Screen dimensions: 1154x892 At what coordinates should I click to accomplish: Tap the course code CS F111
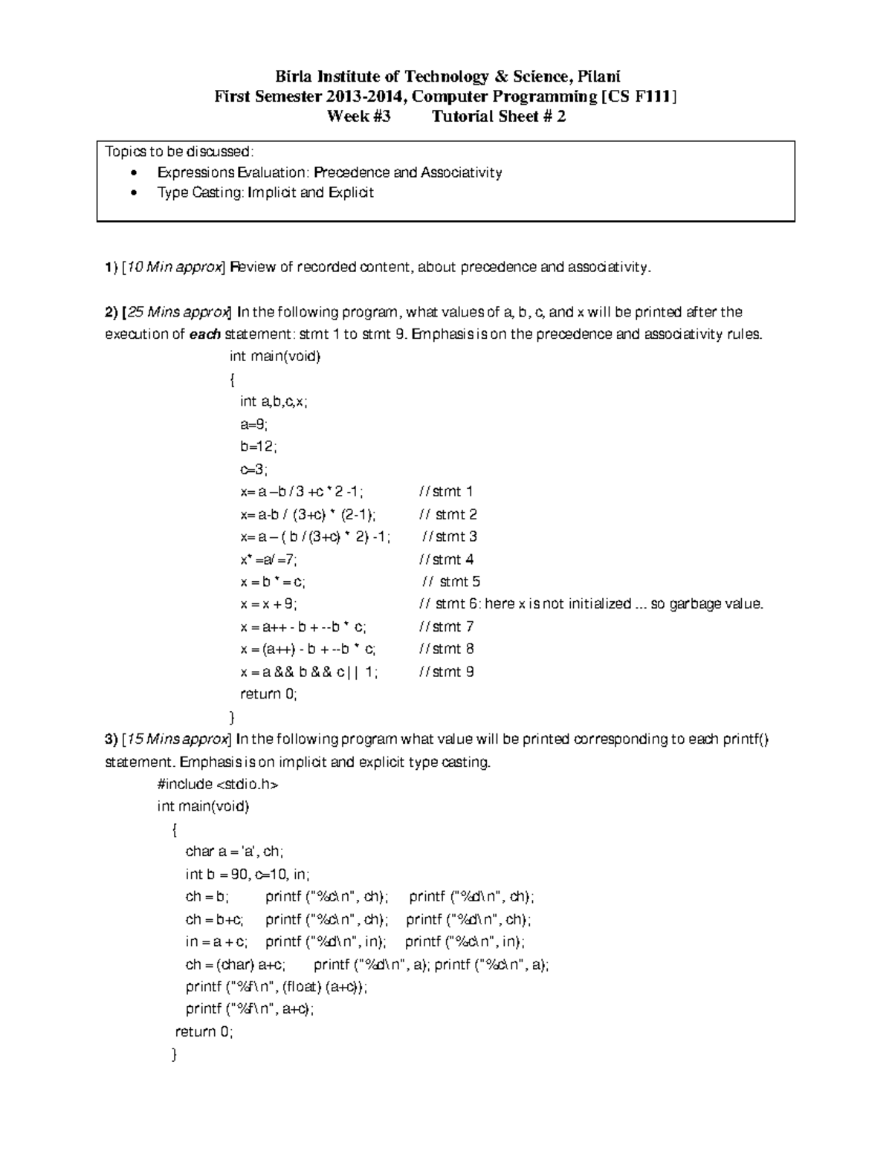pyautogui.click(x=640, y=97)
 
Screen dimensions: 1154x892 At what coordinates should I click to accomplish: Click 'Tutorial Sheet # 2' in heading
pyautogui.click(x=499, y=117)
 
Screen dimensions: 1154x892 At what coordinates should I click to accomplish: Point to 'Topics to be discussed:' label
pyautogui.click(x=179, y=152)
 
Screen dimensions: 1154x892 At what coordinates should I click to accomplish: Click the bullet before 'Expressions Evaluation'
pyautogui.click(x=133, y=173)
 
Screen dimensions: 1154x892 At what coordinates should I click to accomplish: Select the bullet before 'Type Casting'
pyautogui.click(x=133, y=193)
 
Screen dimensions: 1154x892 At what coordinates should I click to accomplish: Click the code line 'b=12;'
pyautogui.click(x=258, y=447)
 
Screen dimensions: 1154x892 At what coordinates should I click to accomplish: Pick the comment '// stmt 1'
pyautogui.click(x=446, y=492)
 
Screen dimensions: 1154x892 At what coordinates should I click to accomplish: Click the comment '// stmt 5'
pyautogui.click(x=450, y=582)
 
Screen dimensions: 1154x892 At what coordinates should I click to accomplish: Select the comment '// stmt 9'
pyautogui.click(x=446, y=672)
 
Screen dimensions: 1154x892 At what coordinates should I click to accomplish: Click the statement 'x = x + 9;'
pyautogui.click(x=268, y=604)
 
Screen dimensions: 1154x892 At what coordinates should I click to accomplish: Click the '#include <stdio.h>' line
pyautogui.click(x=218, y=785)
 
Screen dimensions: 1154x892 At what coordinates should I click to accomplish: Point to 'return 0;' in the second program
pyautogui.click(x=204, y=1031)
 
